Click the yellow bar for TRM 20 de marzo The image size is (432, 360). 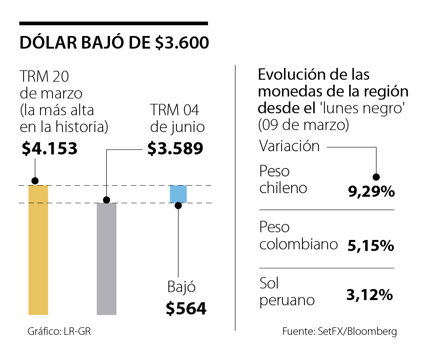(38, 250)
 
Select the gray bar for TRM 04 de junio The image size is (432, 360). (106, 258)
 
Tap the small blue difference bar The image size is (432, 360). (178, 194)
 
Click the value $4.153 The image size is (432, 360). (50, 149)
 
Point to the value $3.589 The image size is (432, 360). (175, 149)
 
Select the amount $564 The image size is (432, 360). (186, 308)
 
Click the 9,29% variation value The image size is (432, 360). (371, 192)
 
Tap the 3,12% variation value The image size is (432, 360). (369, 296)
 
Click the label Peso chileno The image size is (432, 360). (283, 179)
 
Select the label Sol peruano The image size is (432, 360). (287, 292)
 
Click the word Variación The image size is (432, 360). (290, 146)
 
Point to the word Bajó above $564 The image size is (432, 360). (181, 287)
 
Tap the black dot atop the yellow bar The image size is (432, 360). (35, 180)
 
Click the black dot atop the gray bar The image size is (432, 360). (106, 200)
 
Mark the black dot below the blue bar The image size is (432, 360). (178, 206)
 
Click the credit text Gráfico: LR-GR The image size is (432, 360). (59, 332)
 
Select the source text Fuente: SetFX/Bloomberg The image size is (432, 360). (340, 332)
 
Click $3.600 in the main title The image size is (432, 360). (182, 43)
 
